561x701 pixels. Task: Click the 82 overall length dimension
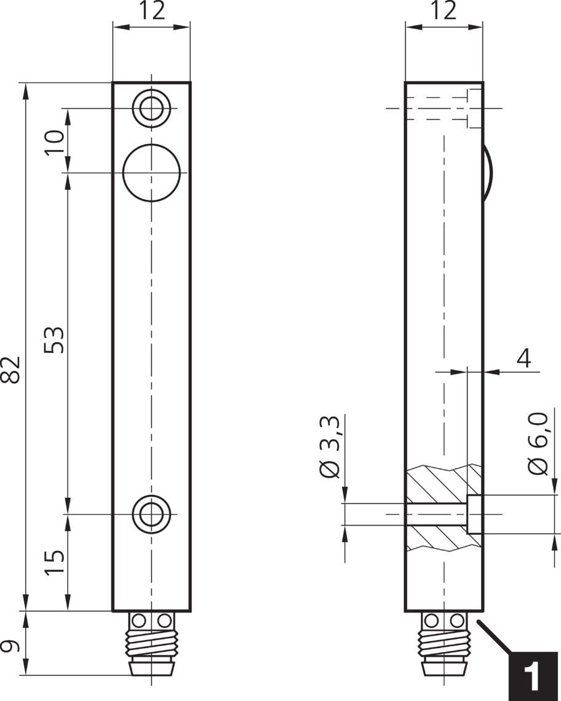[12, 370]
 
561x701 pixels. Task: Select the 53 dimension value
[54, 340]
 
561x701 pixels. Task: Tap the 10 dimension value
[54, 143]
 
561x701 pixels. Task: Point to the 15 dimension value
[54, 562]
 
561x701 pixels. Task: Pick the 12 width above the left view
[151, 11]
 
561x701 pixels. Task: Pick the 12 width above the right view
[444, 11]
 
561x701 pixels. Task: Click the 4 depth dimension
[523, 357]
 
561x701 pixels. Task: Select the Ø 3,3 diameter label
[330, 447]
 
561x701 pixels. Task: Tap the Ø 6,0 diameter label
[538, 443]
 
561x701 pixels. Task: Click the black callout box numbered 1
[533, 676]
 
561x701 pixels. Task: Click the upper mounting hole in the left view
[151, 108]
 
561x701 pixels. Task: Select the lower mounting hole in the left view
[151, 513]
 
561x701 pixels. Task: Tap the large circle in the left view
[151, 173]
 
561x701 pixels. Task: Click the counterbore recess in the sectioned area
[475, 514]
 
